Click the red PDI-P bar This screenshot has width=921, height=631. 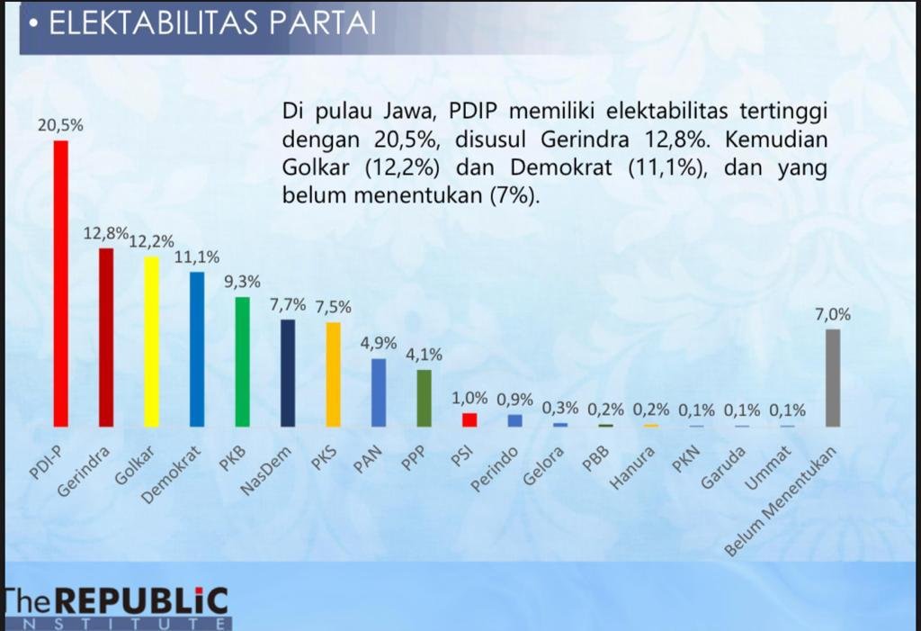(x=61, y=283)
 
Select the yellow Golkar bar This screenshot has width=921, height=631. (x=152, y=341)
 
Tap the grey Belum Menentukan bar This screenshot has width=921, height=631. (x=833, y=377)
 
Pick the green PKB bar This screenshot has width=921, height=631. (x=243, y=361)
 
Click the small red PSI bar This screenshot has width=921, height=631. (x=469, y=419)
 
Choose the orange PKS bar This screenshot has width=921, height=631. (x=334, y=374)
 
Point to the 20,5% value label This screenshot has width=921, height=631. (x=60, y=126)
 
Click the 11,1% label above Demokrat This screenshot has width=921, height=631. (x=197, y=257)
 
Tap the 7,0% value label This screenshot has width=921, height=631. (x=833, y=315)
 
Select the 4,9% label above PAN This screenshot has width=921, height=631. (x=379, y=344)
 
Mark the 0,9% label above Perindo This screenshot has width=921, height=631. (x=515, y=400)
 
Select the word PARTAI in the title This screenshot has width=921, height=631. (x=320, y=24)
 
